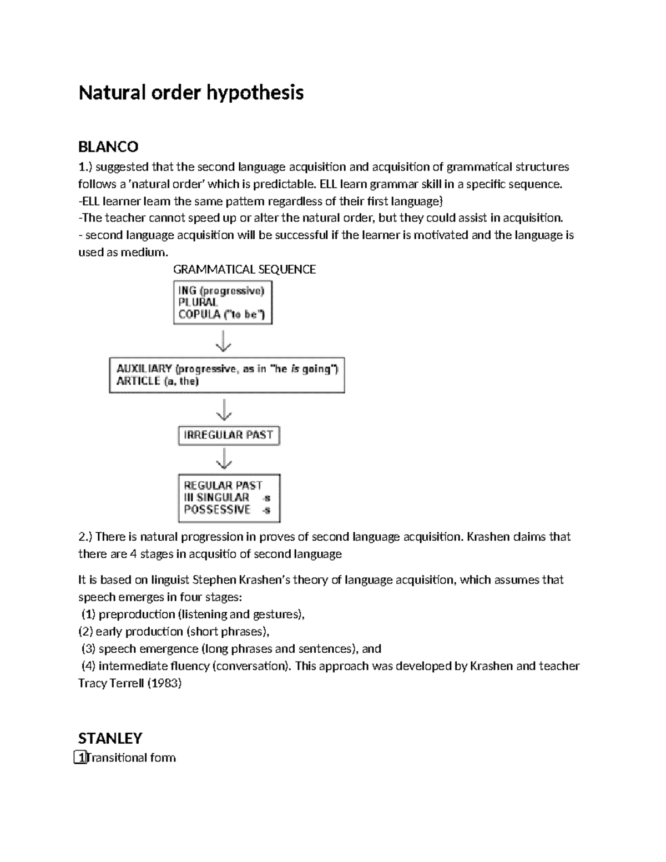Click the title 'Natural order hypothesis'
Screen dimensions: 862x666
point(191,92)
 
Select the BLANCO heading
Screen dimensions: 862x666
point(108,147)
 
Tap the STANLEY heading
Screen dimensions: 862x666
point(110,738)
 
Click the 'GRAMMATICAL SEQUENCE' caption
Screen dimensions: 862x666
point(244,270)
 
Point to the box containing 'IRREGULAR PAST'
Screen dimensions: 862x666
point(229,435)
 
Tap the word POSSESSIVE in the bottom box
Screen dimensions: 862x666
point(217,510)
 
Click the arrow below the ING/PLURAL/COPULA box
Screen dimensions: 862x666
point(223,341)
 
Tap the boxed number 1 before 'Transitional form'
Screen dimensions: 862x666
point(81,758)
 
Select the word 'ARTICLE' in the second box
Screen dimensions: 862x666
point(138,381)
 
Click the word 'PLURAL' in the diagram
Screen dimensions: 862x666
point(198,303)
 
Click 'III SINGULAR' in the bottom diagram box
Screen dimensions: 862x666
point(216,497)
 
